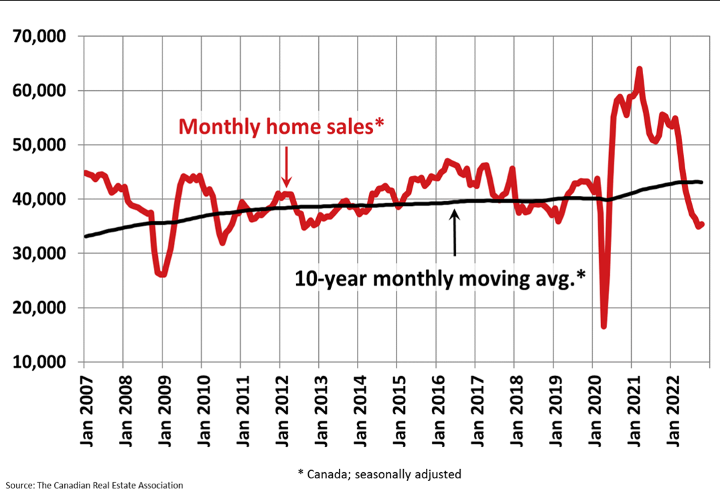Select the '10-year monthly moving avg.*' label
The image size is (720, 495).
coord(440,278)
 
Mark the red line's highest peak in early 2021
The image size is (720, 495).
coord(640,69)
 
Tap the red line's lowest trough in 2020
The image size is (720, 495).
coord(604,326)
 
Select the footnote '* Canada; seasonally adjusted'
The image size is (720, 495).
coord(379,474)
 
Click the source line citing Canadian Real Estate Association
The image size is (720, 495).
coord(94,485)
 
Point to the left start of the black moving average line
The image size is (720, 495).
coord(86,236)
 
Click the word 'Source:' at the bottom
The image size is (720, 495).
coord(19,485)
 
